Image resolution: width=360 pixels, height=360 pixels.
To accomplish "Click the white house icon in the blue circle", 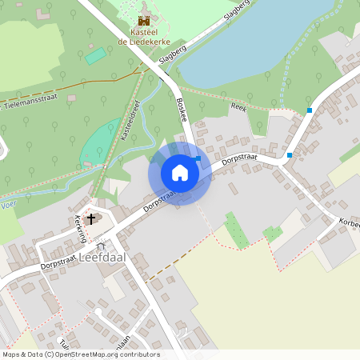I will pyautogui.click(x=179, y=173).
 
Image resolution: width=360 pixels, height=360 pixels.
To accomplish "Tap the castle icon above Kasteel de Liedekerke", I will pyautogui.click(x=145, y=20).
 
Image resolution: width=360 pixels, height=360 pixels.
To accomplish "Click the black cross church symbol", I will pyautogui.click(x=91, y=218).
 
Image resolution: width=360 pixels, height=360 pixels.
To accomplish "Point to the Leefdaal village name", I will pyautogui.click(x=104, y=257).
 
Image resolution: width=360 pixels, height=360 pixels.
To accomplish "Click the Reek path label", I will pyautogui.click(x=238, y=106).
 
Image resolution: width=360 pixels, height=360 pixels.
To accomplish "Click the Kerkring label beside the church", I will pyautogui.click(x=80, y=229).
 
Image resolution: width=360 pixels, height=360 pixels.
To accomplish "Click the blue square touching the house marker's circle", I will pyautogui.click(x=198, y=159).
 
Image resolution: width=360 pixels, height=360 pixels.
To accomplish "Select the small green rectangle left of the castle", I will pyautogui.click(x=95, y=55).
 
